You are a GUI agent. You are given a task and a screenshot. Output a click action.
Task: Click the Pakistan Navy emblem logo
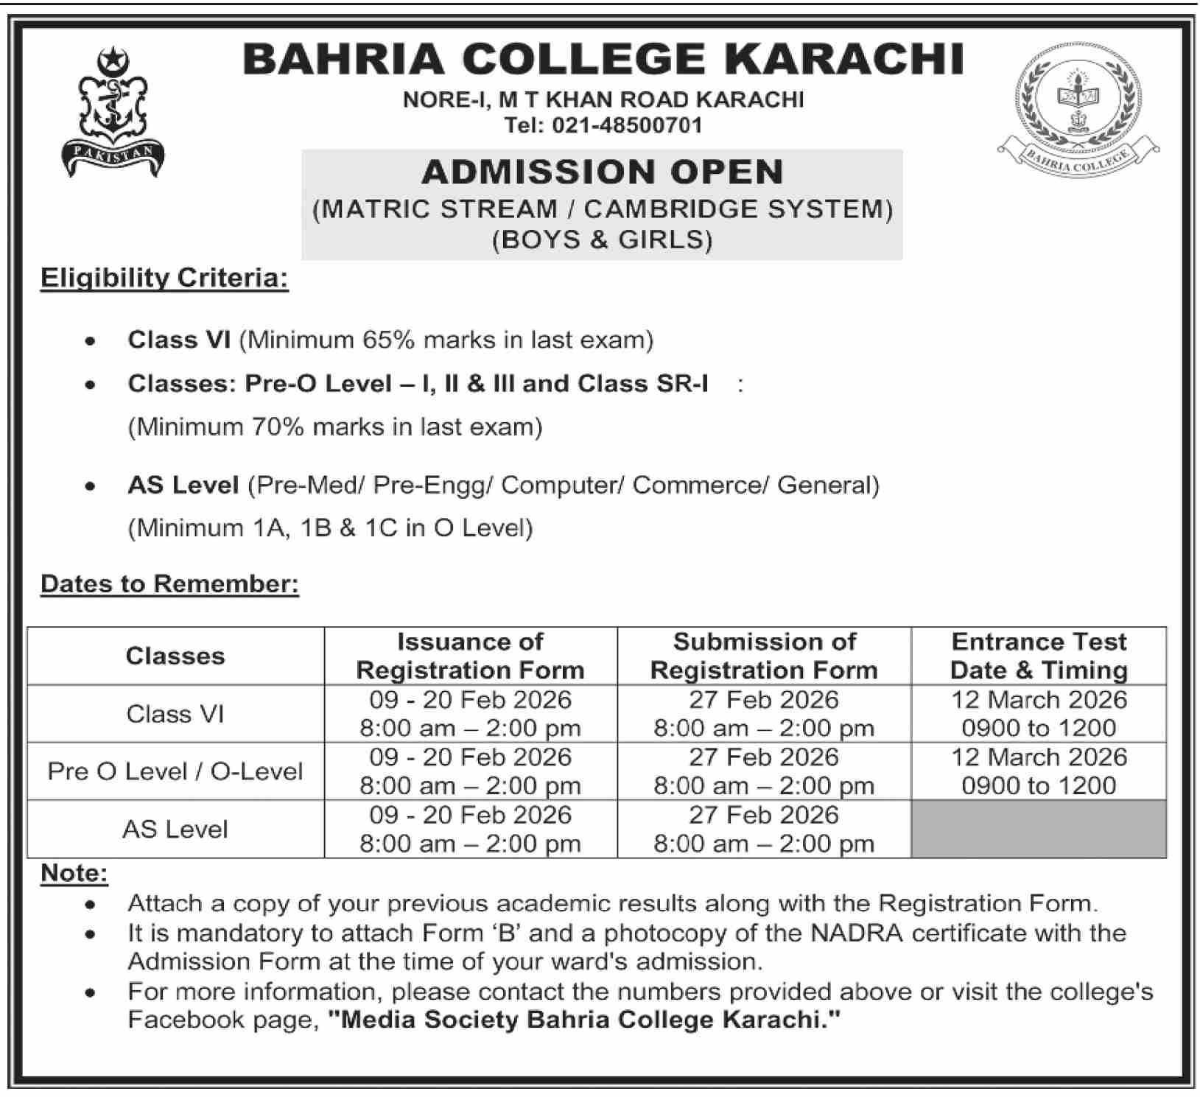(x=113, y=112)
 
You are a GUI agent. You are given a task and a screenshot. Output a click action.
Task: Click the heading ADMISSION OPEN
(x=602, y=172)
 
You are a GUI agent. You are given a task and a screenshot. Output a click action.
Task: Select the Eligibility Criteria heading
(x=164, y=278)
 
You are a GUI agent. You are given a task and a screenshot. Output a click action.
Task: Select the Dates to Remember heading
(x=169, y=583)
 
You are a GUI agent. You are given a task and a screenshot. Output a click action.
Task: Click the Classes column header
(x=175, y=656)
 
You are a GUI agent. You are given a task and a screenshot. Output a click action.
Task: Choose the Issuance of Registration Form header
(x=470, y=656)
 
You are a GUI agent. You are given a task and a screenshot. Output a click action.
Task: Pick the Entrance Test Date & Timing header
(x=1039, y=656)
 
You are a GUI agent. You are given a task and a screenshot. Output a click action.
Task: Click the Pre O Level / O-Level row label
(x=175, y=771)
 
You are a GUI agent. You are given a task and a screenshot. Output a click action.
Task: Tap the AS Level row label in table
(x=175, y=830)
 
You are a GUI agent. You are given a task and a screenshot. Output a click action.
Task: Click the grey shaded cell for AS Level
(x=1039, y=830)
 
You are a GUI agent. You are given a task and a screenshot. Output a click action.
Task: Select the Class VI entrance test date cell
(x=1039, y=713)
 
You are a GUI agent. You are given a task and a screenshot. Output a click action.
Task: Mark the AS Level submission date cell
(x=764, y=830)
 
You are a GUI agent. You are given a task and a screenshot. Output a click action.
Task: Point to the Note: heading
(x=74, y=873)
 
